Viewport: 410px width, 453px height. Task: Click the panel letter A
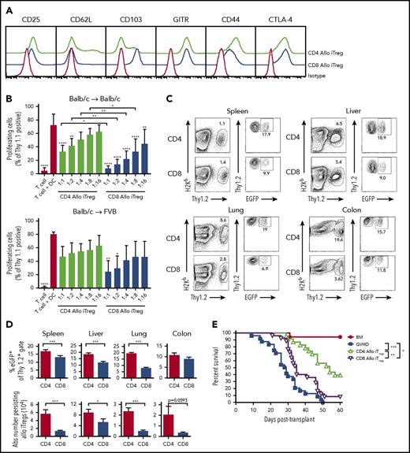pyautogui.click(x=6, y=6)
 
